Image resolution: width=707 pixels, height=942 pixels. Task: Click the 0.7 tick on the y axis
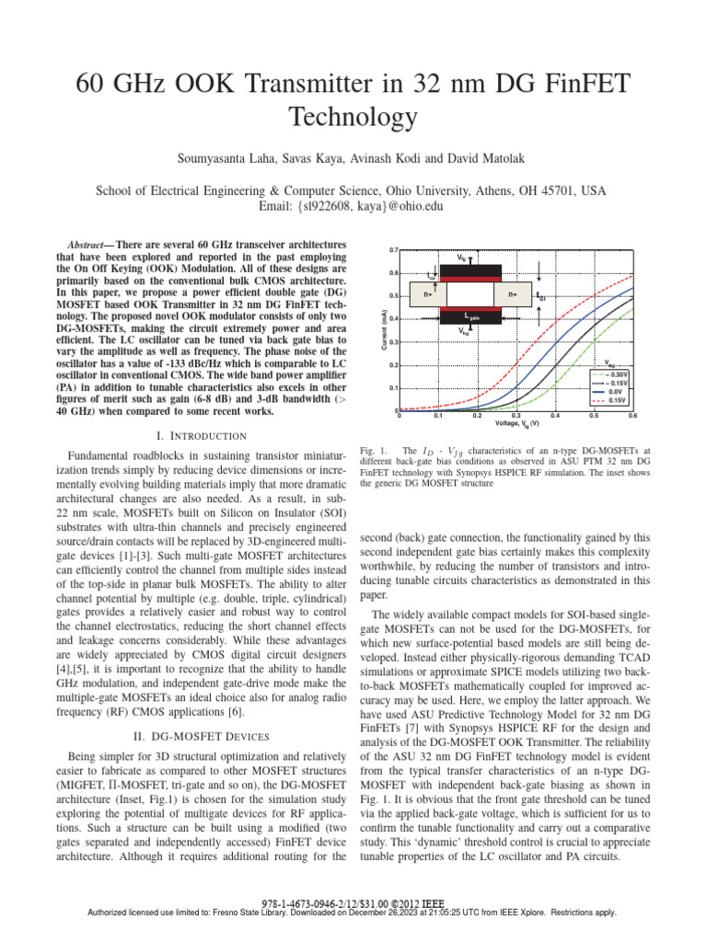392,250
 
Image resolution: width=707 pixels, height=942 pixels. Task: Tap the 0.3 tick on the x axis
516,417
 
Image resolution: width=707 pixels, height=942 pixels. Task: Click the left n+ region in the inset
427,294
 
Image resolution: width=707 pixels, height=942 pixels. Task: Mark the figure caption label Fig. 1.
373,450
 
